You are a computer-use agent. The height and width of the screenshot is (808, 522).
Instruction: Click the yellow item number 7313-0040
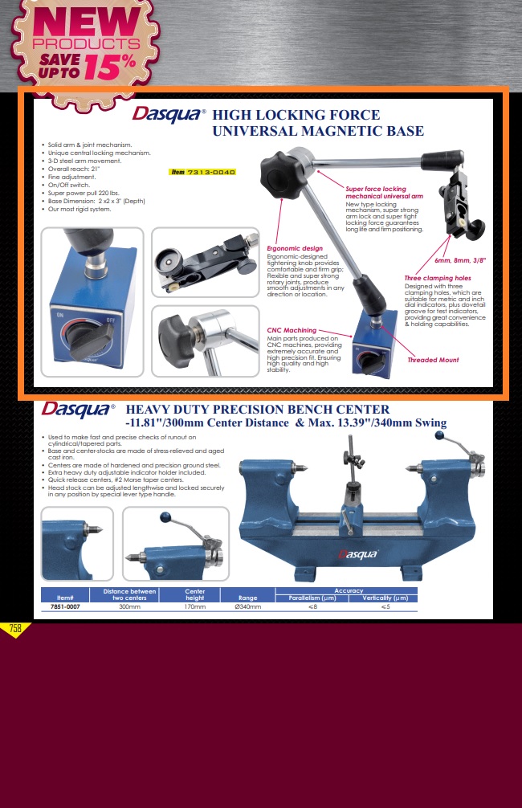210,172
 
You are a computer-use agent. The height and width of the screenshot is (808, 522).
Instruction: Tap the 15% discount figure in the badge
110,67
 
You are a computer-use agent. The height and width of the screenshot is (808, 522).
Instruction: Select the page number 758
15,628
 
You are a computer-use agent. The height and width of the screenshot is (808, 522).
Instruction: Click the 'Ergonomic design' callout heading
295,248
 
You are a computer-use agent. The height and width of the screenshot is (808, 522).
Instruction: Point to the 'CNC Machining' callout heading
292,330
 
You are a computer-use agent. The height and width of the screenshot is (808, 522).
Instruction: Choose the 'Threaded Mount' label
433,360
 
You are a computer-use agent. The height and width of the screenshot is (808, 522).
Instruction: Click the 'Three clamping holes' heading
438,278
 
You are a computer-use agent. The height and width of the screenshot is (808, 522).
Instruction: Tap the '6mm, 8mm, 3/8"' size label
460,261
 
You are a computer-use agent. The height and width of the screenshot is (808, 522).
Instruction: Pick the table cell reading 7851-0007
65,607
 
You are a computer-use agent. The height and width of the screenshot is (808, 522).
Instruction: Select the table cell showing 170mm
195,607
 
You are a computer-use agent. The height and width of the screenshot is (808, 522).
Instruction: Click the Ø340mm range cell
248,607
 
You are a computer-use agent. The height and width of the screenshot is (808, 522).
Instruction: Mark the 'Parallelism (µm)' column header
312,598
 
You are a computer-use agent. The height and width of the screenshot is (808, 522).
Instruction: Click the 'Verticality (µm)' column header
385,598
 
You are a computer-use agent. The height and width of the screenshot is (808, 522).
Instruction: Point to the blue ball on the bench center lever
439,435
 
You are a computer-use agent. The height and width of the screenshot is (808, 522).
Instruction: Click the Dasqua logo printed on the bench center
358,554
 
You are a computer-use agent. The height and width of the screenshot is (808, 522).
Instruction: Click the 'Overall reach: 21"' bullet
74,169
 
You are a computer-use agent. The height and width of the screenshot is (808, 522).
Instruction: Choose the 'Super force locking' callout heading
376,189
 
